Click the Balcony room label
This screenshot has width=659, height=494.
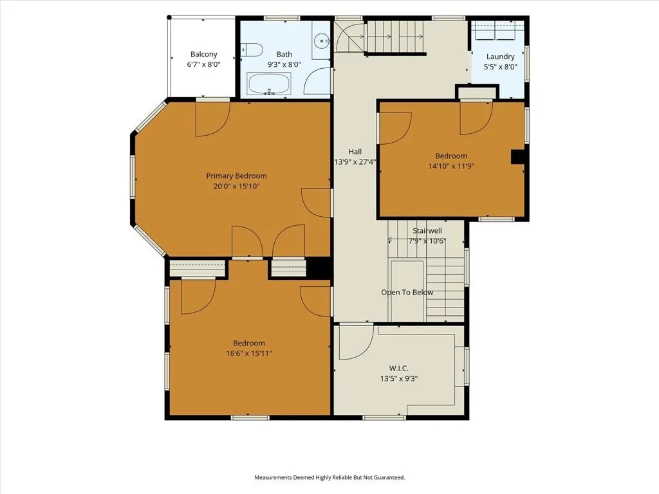(204, 54)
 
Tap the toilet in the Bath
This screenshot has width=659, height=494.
(252, 50)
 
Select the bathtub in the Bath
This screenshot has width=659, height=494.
(269, 84)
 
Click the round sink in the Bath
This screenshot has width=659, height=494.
(322, 41)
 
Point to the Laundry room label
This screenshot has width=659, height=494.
(500, 57)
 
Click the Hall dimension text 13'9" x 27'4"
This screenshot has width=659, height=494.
(355, 161)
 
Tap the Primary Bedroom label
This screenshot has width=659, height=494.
(236, 176)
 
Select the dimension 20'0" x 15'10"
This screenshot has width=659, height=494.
(236, 186)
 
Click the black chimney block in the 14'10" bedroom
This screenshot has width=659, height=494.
(518, 157)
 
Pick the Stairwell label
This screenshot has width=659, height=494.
(427, 231)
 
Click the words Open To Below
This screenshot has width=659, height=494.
(407, 293)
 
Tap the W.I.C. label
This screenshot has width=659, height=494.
(398, 369)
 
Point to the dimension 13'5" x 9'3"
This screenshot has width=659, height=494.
(398, 378)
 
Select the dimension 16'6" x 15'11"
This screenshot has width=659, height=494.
(249, 353)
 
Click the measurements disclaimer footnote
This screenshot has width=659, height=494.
(329, 478)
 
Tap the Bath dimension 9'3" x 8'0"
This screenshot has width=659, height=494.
(284, 65)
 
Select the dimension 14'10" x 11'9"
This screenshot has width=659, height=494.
(451, 166)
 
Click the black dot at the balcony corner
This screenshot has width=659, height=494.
(169, 17)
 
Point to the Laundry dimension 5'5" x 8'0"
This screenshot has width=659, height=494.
(500, 67)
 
